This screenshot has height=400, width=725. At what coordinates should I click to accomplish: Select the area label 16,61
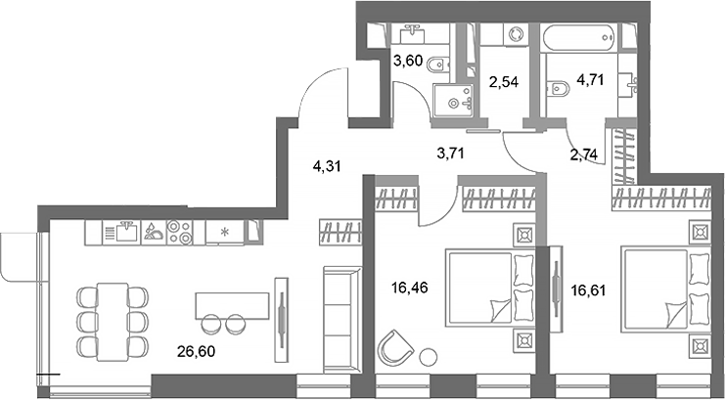point(589,289)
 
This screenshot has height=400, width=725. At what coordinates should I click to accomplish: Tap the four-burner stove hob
point(179,232)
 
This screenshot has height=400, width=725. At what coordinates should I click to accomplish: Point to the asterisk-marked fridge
point(223,233)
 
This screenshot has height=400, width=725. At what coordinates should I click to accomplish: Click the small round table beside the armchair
point(428,357)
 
